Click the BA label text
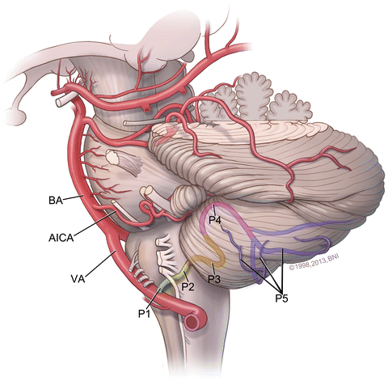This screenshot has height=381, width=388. [56, 201]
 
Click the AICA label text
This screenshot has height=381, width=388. [61, 238]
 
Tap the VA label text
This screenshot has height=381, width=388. [78, 279]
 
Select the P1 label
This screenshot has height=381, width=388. [144, 313]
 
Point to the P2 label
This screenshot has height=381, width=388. [188, 286]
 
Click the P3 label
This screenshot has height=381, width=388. [214, 279]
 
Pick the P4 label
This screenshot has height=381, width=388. [215, 220]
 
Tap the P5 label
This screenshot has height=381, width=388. [281, 298]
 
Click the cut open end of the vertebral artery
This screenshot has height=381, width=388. [192, 321]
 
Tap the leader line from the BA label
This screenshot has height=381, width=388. [73, 198]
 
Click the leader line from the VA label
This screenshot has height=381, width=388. [99, 263]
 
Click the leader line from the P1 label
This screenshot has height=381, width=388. [154, 298]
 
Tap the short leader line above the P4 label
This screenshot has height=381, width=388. [214, 210]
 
